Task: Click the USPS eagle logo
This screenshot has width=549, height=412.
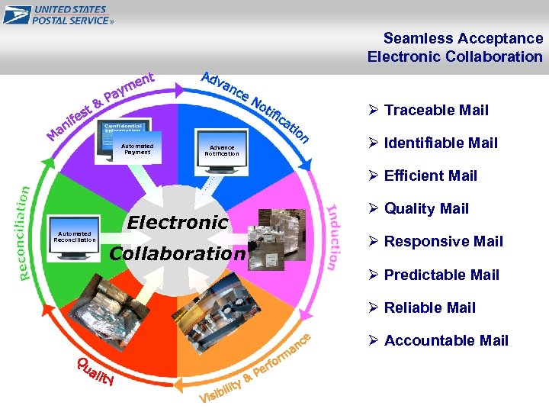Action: (16, 14)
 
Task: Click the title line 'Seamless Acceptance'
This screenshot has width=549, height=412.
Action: (463, 38)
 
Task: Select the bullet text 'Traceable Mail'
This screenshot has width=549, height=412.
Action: (436, 110)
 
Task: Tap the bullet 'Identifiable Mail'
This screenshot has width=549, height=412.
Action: (441, 143)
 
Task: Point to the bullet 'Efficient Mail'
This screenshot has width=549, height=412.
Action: (431, 175)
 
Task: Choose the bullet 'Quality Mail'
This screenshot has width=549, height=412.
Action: (426, 208)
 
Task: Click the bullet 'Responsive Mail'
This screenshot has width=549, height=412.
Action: (444, 241)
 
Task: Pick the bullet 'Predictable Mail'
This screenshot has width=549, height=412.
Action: (441, 275)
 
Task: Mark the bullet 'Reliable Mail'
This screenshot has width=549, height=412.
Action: (430, 307)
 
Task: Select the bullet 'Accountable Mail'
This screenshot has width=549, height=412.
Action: (446, 340)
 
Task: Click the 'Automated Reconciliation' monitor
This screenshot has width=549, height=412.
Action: (75, 239)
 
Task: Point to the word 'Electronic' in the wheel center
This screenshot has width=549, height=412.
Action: (178, 223)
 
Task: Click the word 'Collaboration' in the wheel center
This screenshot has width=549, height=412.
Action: (178, 253)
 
